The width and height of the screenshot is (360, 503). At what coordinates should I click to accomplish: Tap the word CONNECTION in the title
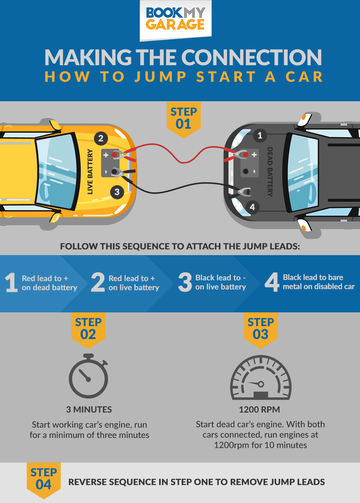[x=251, y=58]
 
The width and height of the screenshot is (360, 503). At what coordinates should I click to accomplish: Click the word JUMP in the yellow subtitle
[x=161, y=77]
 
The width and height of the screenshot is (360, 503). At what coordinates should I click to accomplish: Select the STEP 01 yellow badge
[x=184, y=119]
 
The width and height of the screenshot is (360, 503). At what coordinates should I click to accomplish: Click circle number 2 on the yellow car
[x=101, y=138]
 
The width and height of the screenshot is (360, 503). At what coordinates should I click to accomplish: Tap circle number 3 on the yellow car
[x=117, y=192]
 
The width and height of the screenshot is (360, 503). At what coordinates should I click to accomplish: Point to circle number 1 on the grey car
[x=260, y=136]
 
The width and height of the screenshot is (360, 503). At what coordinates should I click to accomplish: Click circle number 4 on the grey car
[x=252, y=207]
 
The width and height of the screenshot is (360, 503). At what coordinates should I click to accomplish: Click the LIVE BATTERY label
[x=90, y=172]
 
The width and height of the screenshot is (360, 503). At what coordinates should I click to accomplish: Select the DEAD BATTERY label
[x=270, y=172]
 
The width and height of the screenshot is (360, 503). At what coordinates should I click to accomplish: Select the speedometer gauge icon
[x=261, y=378]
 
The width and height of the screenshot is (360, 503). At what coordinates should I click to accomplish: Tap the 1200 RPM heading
[x=259, y=410]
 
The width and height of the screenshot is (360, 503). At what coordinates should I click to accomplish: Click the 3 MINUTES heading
[x=89, y=410]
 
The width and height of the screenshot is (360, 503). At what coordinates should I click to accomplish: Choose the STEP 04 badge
[x=44, y=480]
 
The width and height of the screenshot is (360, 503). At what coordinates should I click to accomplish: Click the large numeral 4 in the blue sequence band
[x=272, y=282]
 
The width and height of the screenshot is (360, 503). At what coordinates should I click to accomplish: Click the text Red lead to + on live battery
[x=134, y=283]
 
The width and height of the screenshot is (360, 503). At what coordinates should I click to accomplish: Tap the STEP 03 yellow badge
[x=261, y=329]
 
